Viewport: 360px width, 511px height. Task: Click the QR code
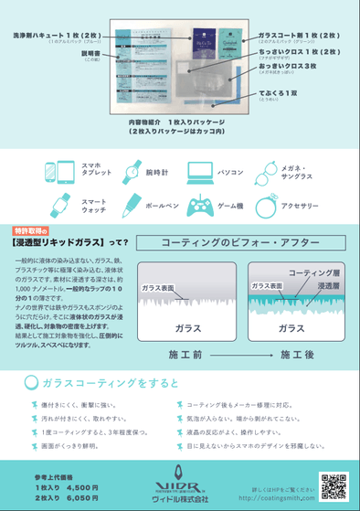333,486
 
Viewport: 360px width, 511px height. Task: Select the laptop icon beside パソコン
199,171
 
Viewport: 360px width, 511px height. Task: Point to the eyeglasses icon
264,171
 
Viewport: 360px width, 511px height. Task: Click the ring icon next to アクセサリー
264,206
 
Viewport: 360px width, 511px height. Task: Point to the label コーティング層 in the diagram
312,273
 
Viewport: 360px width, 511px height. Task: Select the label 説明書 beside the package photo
90,53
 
